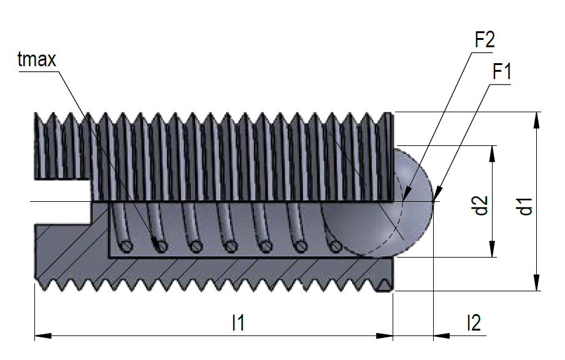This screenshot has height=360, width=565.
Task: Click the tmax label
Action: point(37,59)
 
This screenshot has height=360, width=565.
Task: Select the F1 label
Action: point(502,71)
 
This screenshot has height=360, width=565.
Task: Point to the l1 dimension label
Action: point(238,322)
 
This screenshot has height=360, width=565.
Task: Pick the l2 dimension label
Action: point(474,322)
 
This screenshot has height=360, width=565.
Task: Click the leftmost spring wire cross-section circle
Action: point(128,247)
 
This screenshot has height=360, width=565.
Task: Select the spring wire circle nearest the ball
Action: point(335,247)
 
